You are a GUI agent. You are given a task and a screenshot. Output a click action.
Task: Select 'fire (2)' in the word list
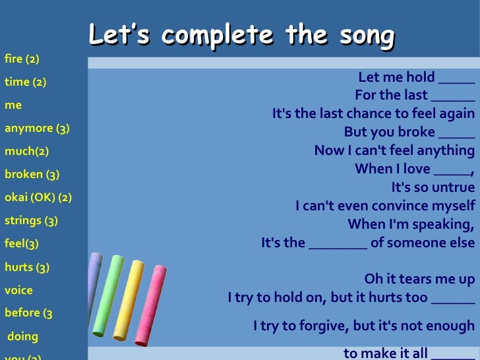pyautogui.click(x=22, y=59)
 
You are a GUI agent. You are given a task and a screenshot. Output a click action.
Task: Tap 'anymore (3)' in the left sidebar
pyautogui.click(x=37, y=128)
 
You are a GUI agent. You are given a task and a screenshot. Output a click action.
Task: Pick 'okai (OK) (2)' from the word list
pyautogui.click(x=38, y=197)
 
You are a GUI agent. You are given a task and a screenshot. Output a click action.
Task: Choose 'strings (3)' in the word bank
pyautogui.click(x=31, y=220)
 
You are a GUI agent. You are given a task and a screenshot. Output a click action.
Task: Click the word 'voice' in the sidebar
pyautogui.click(x=18, y=290)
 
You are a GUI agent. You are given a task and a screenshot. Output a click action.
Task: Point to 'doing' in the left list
pyautogui.click(x=23, y=336)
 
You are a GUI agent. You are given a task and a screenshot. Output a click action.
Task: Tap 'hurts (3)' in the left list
pyautogui.click(x=27, y=267)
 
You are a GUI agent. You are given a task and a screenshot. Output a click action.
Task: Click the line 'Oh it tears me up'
pyautogui.click(x=419, y=279)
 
